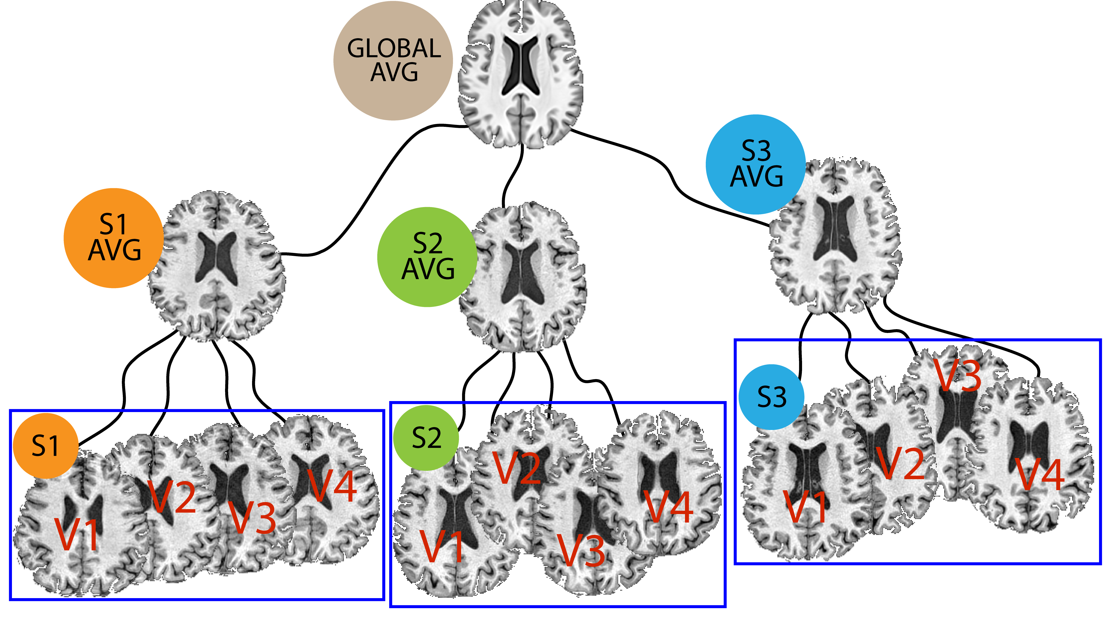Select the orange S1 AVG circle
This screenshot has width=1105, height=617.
pyautogui.click(x=114, y=238)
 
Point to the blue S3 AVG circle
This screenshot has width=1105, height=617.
pyautogui.click(x=756, y=164)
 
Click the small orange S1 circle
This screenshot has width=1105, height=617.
pyautogui.click(x=45, y=446)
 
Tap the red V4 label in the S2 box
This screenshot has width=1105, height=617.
pyautogui.click(x=669, y=507)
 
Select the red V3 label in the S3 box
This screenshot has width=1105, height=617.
pyautogui.click(x=958, y=375)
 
